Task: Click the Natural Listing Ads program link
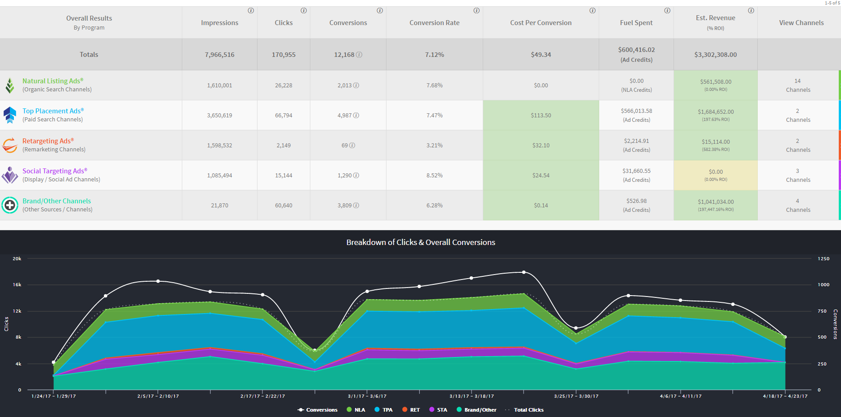pyautogui.click(x=53, y=81)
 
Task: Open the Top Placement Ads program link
pyautogui.click(x=53, y=111)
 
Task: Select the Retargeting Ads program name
pyautogui.click(x=48, y=141)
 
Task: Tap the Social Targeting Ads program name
pyautogui.click(x=55, y=171)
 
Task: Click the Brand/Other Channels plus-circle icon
pyautogui.click(x=10, y=205)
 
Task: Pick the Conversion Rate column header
pyautogui.click(x=434, y=23)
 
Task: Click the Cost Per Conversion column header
pyautogui.click(x=541, y=23)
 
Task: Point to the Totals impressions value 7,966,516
pyautogui.click(x=219, y=55)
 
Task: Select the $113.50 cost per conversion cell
pyautogui.click(x=541, y=115)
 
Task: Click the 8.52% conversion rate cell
pyautogui.click(x=434, y=175)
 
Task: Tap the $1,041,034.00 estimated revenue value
pyautogui.click(x=716, y=202)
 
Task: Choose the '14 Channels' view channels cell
pyautogui.click(x=798, y=85)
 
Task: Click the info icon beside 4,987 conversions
pyautogui.click(x=356, y=115)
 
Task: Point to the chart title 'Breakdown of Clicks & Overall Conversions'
pyautogui.click(x=420, y=242)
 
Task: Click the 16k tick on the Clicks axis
pyautogui.click(x=17, y=285)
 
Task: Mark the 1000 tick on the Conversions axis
pyautogui.click(x=824, y=285)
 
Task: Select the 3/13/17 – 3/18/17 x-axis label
pyautogui.click(x=472, y=396)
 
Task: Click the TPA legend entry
pyautogui.click(x=383, y=410)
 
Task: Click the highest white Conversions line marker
pyautogui.click(x=524, y=272)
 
